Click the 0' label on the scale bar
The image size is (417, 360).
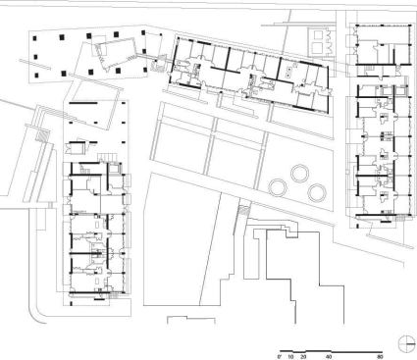click(x=281, y=359)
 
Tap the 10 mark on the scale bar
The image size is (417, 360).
click(x=292, y=359)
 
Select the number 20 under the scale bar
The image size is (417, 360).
click(x=304, y=359)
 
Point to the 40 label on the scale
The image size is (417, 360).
click(x=329, y=359)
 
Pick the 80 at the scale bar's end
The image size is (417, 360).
click(x=379, y=359)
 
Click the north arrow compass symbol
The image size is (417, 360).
click(x=408, y=340)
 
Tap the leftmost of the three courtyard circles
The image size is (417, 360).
click(x=278, y=186)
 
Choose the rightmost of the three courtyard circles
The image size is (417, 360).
click(x=316, y=186)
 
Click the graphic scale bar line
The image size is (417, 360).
click(x=330, y=350)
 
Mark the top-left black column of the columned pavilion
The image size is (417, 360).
click(x=36, y=34)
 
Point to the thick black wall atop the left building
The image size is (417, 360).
click(x=86, y=101)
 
